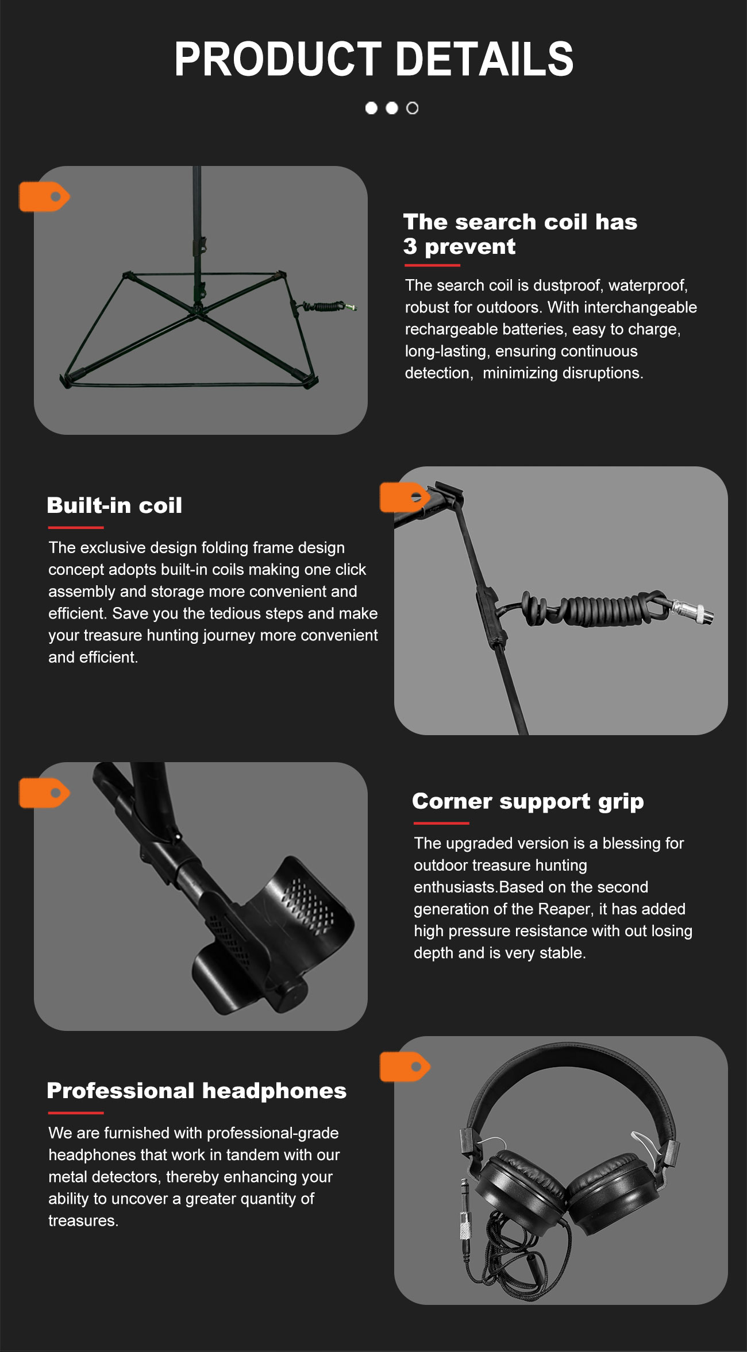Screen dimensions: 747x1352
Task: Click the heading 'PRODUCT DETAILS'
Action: pos(373,59)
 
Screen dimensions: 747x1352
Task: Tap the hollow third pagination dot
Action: pos(413,108)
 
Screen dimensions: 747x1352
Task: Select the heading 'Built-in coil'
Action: pos(114,505)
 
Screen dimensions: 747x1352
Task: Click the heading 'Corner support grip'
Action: pos(528,801)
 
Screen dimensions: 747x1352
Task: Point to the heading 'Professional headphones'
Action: pos(197,1091)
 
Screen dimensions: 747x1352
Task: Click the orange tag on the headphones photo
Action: pos(405,1067)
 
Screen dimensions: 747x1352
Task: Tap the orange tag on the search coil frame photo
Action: pos(44,196)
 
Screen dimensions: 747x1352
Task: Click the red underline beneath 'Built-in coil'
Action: pos(76,527)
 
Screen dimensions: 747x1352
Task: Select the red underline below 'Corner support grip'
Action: pos(441,823)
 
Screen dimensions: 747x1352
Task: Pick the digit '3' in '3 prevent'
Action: pos(410,246)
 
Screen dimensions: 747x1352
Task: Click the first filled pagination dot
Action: pos(371,108)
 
